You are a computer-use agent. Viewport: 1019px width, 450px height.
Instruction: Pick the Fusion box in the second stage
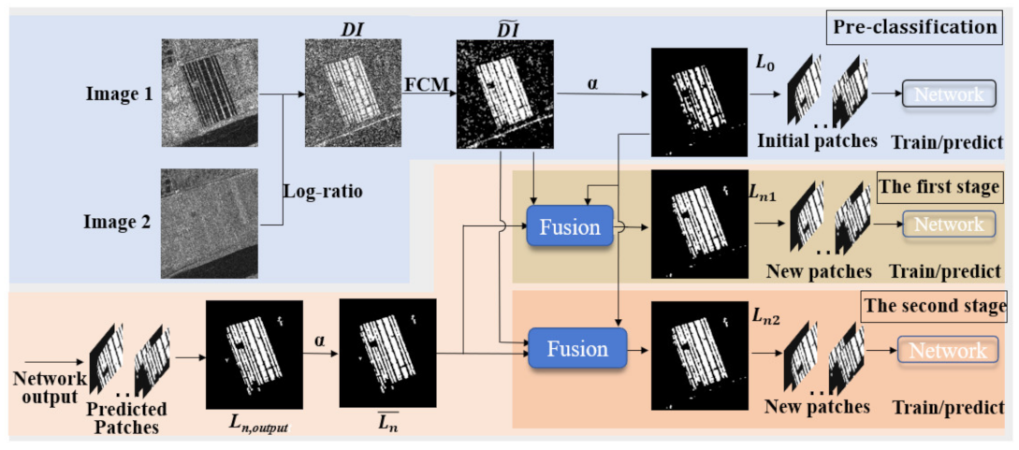(576, 349)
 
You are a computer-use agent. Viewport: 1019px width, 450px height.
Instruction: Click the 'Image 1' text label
(118, 94)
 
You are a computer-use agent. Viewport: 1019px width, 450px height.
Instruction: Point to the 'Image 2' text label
(118, 224)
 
